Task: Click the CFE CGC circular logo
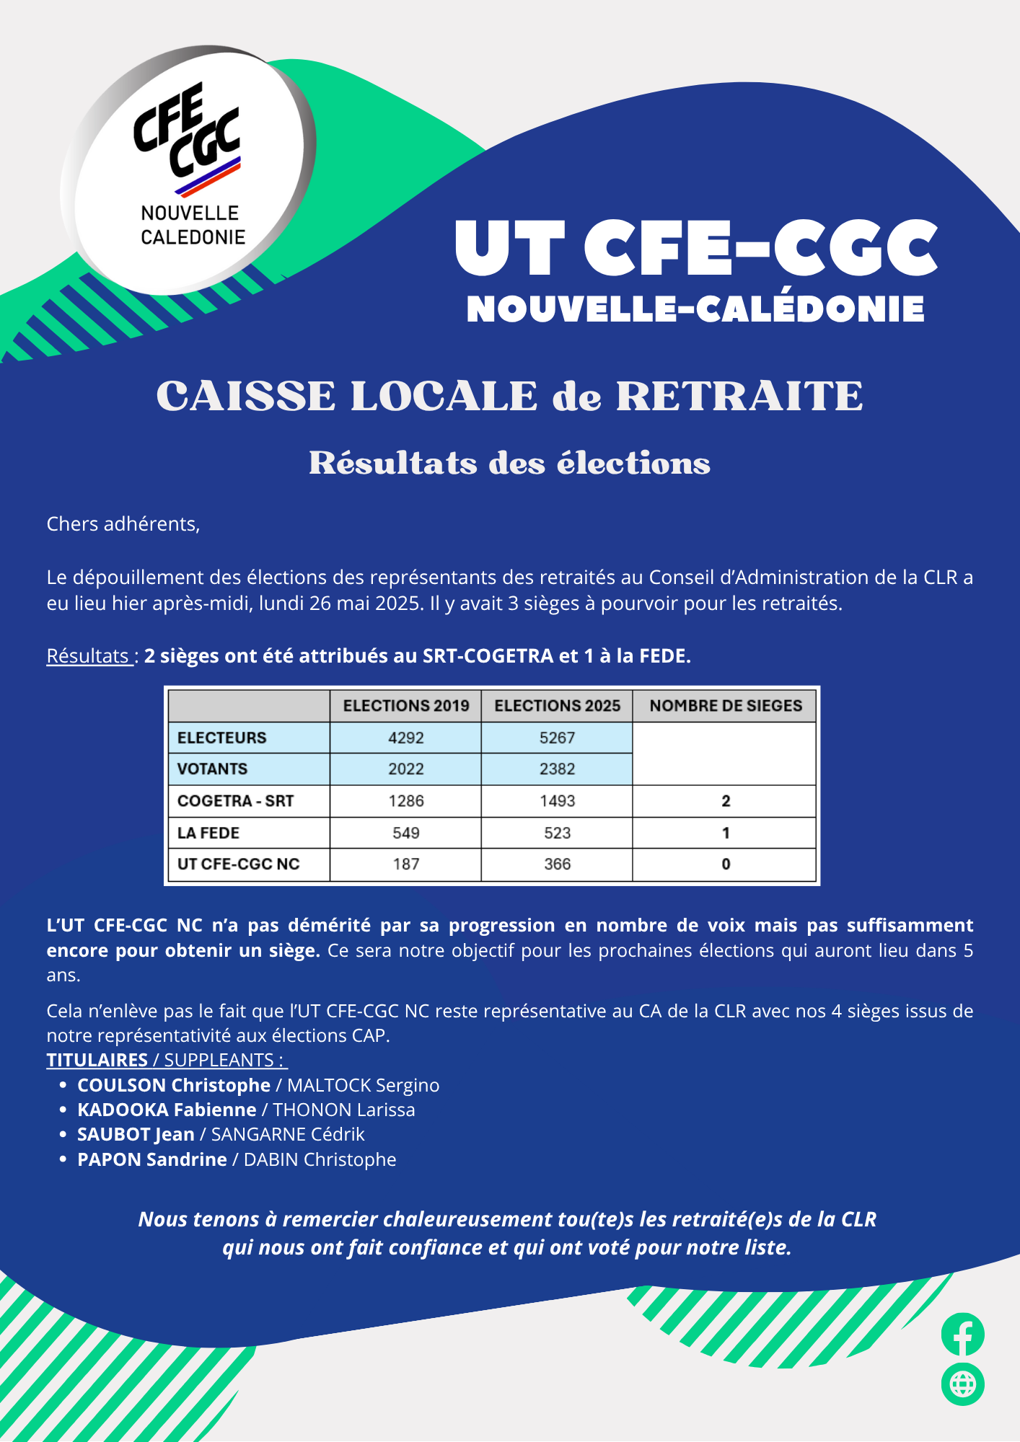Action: tap(189, 169)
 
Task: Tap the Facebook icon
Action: tap(962, 1335)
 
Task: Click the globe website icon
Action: tap(962, 1384)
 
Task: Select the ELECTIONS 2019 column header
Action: tap(405, 706)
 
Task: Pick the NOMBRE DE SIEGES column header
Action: tap(725, 706)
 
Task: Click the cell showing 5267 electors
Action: tap(557, 738)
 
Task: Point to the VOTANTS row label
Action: tap(212, 769)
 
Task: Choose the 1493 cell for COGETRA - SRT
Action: tap(557, 801)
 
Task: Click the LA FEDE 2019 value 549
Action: tap(405, 833)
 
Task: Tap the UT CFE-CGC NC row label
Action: tap(238, 864)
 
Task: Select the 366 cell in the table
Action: tap(557, 864)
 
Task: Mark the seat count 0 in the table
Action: tap(725, 864)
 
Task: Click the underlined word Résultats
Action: tap(88, 656)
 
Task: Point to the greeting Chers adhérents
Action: tap(123, 524)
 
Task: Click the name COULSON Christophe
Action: tap(174, 1085)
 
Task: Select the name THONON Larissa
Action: tap(344, 1110)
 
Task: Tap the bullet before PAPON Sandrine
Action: tap(63, 1159)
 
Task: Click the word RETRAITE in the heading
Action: tap(739, 397)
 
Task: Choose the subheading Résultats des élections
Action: tap(509, 464)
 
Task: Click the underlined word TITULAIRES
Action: tap(97, 1060)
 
